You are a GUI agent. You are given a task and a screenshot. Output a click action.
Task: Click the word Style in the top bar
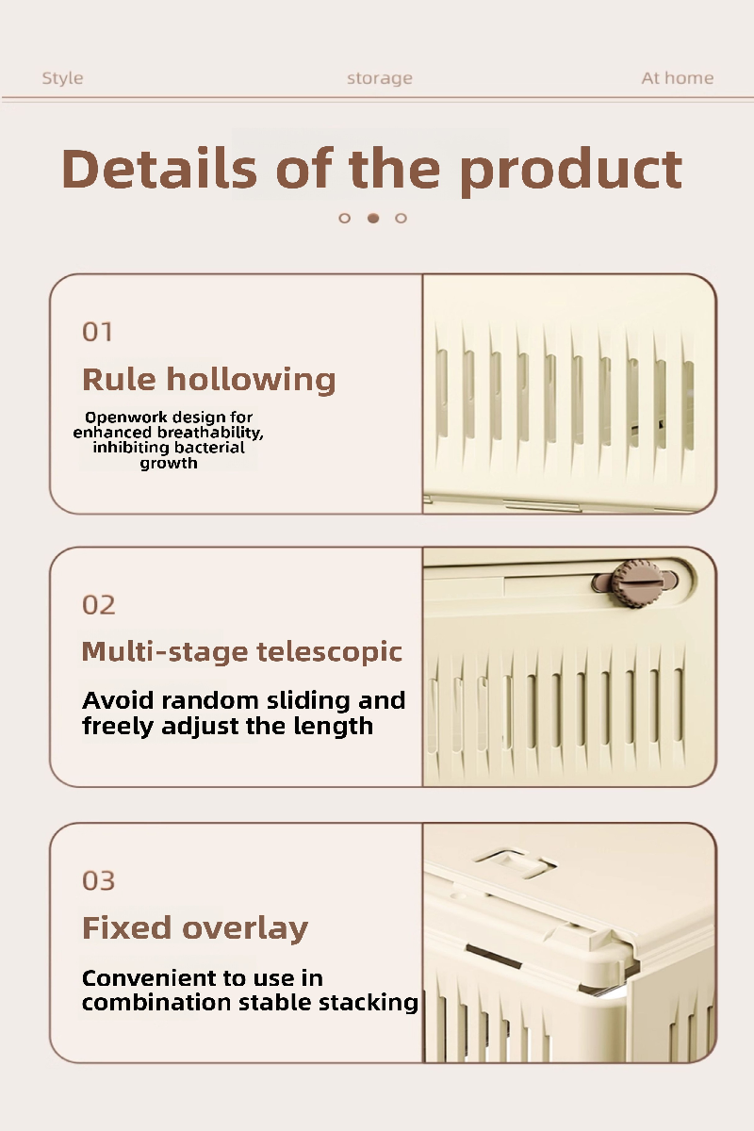[62, 78]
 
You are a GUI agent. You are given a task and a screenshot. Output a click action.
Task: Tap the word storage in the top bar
[380, 79]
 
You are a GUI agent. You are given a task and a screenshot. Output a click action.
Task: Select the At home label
[678, 78]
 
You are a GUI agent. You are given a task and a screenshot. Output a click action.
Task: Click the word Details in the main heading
[159, 168]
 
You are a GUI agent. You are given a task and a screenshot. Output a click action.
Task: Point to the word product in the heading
[572, 172]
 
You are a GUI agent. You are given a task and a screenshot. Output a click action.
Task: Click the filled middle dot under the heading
[373, 218]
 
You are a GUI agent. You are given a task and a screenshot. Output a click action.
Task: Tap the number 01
[97, 332]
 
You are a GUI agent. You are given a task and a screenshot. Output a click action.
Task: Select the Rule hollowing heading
[208, 380]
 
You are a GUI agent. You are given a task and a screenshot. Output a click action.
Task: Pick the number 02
[98, 605]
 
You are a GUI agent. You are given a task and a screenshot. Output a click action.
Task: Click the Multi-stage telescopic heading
[242, 651]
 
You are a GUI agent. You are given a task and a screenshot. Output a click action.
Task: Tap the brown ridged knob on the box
[637, 583]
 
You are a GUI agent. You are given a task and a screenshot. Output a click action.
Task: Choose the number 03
[98, 881]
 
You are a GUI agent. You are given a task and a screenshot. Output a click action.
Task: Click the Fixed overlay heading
[195, 928]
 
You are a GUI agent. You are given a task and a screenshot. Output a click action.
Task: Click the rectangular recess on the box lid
[515, 864]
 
